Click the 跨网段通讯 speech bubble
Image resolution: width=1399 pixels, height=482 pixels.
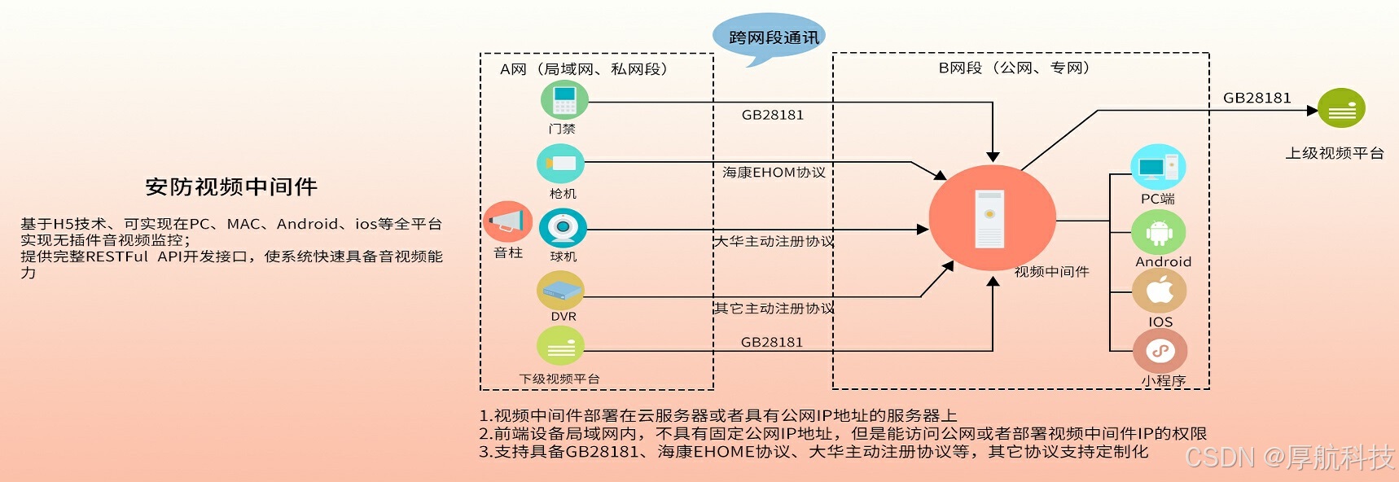coord(770,37)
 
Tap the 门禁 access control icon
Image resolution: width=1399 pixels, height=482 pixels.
coord(564,100)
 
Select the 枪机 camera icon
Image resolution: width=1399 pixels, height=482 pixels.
coord(560,164)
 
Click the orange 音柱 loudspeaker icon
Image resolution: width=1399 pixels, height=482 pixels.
coord(507,221)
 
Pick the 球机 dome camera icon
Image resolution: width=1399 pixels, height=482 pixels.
coord(563,227)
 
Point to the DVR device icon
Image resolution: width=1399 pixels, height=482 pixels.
coord(560,290)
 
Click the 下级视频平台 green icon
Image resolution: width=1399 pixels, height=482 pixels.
coord(560,346)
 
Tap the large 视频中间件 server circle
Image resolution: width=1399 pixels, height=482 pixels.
coord(992,218)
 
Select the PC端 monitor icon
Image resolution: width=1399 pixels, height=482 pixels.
coord(1158,167)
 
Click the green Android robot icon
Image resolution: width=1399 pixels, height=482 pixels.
coord(1159,232)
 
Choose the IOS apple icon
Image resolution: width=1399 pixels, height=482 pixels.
coord(1160,291)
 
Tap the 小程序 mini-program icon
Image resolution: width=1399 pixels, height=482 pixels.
coord(1160,351)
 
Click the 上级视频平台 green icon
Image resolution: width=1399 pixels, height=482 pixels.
coord(1341,109)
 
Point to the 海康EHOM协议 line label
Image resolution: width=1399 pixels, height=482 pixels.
coord(774,173)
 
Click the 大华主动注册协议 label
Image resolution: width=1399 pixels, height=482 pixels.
coord(774,241)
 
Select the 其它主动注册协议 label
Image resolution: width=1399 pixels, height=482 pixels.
coord(774,308)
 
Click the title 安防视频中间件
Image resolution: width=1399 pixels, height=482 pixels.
coord(231,187)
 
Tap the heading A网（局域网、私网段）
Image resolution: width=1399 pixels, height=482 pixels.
coord(584,69)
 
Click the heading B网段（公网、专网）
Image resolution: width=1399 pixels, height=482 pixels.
coord(1014,68)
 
